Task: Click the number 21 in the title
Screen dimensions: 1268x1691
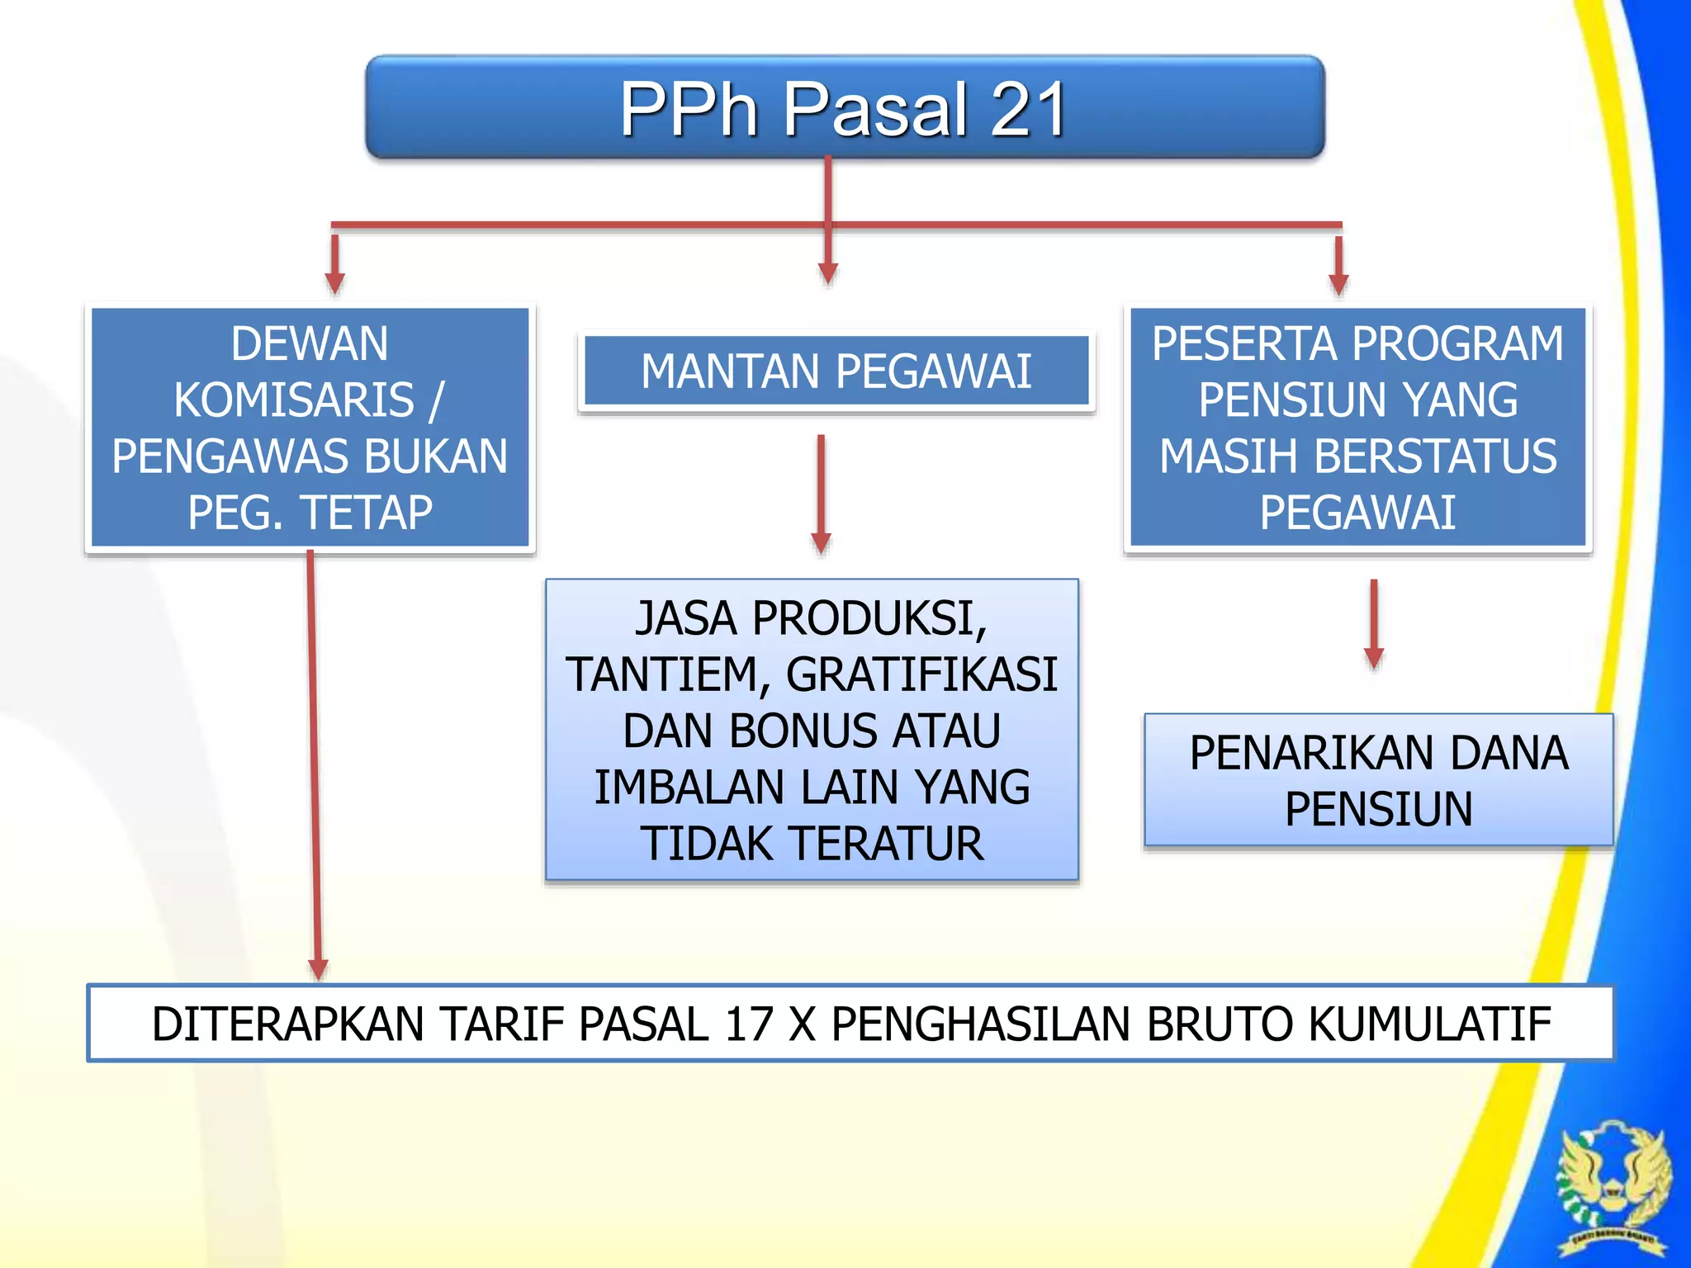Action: click(1027, 110)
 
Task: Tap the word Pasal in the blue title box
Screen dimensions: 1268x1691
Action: click(874, 110)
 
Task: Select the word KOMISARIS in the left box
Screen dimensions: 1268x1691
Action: click(294, 400)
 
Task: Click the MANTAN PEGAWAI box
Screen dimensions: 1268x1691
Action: click(836, 371)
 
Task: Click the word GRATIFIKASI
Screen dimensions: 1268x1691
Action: click(921, 674)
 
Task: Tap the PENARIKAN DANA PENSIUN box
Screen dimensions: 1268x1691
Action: click(1378, 780)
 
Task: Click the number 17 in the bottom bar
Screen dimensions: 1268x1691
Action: click(749, 1024)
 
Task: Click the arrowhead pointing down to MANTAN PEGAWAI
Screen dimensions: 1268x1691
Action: click(828, 274)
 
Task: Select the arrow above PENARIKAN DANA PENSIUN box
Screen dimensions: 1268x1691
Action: click(1374, 623)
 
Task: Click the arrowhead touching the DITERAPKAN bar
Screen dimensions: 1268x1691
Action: click(318, 969)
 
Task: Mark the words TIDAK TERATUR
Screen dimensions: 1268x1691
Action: click(812, 844)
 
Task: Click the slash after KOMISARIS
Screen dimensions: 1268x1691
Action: click(436, 400)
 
